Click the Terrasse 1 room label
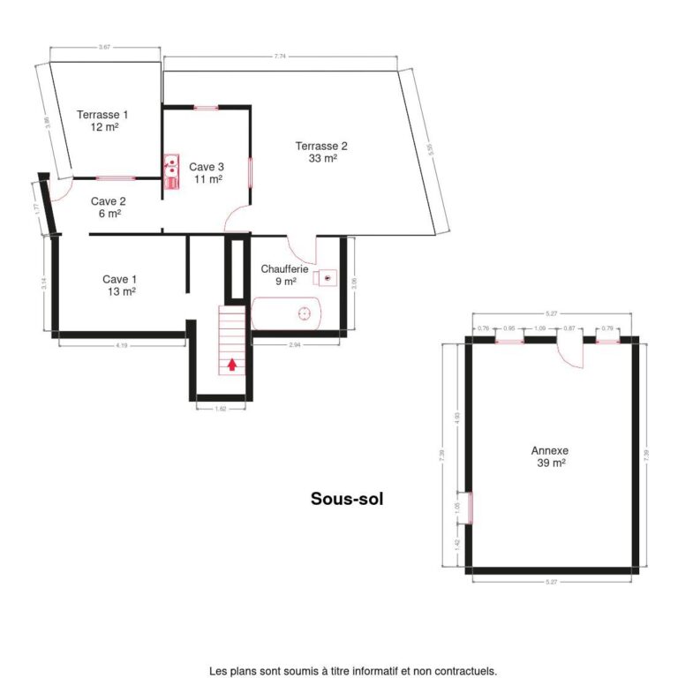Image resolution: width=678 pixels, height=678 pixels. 103,120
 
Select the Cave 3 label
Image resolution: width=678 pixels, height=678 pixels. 207,172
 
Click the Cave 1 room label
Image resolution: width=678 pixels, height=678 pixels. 119,284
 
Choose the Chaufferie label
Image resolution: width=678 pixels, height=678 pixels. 284,275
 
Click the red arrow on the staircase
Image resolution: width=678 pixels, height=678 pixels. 232,364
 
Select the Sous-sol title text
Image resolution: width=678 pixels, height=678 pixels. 347,499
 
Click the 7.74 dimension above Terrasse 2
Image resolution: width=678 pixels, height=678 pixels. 280,56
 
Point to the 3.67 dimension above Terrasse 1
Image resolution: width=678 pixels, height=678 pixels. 104,46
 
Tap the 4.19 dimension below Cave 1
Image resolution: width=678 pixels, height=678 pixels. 122,345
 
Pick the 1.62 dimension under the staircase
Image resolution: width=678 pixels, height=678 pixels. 221,410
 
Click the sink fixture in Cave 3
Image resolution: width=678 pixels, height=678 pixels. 169,170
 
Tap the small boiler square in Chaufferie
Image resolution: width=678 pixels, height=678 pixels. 327,277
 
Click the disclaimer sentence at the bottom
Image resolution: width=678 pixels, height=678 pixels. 353,671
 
